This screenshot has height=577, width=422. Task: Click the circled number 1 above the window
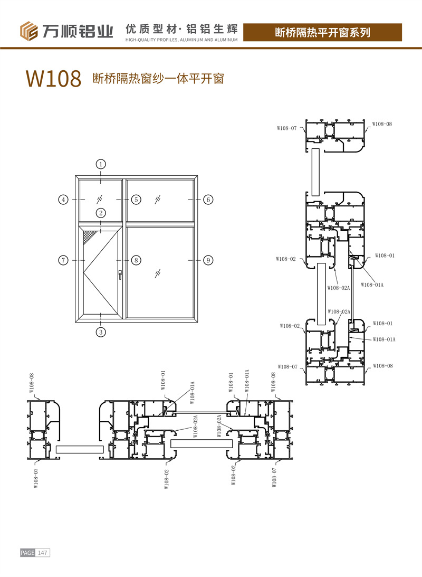[x=101, y=164]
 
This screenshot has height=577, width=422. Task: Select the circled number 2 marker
[x=101, y=213]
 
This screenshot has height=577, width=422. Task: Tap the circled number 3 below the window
[x=101, y=332]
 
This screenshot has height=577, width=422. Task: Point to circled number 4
[x=63, y=200]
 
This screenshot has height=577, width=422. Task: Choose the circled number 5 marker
[x=136, y=200]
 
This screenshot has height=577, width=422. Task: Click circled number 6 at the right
[x=208, y=200]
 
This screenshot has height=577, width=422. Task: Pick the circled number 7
[x=63, y=260]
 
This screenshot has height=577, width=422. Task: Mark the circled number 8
[x=136, y=260]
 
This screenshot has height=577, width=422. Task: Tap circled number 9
[x=208, y=260]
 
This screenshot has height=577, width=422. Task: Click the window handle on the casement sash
[x=120, y=274]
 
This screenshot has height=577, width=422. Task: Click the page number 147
[x=43, y=553]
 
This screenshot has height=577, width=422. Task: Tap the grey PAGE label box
[x=27, y=553]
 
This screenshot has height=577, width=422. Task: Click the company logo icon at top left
[x=28, y=31]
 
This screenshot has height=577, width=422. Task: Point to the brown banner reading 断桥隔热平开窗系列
[x=323, y=32]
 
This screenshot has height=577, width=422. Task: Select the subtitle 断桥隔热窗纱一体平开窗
[x=159, y=79]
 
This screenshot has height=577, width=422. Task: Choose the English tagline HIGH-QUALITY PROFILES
[x=182, y=40]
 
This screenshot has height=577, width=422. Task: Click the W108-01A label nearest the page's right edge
[x=384, y=339]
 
